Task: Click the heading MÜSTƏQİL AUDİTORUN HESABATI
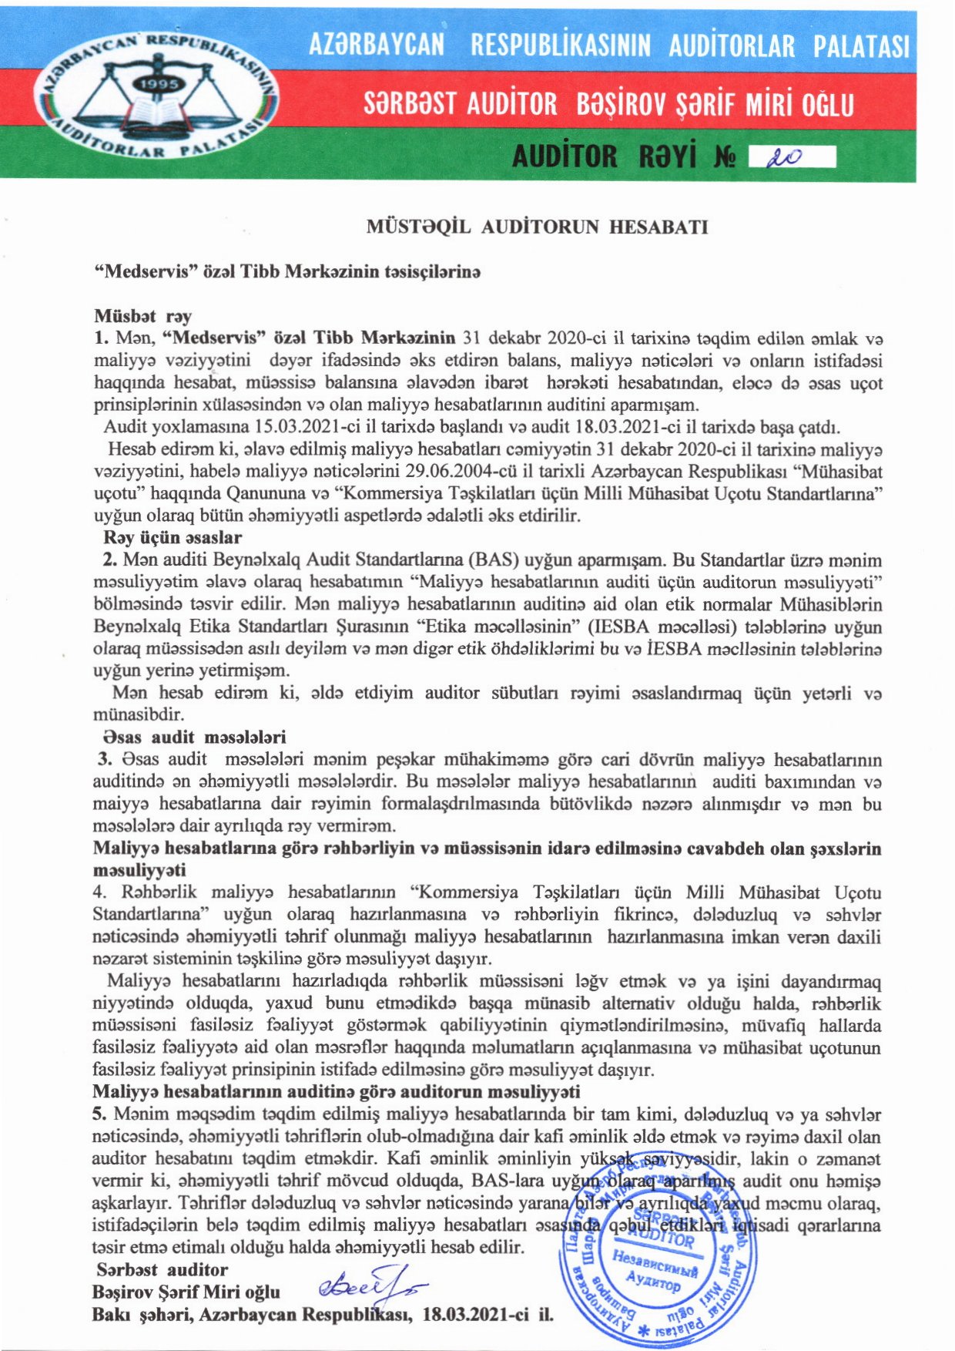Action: pos(537,227)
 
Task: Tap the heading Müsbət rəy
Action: pos(142,316)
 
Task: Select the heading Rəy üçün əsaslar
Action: pos(173,537)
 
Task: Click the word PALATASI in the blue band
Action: pos(862,46)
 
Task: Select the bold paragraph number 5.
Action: pos(99,1114)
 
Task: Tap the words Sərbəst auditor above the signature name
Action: pos(163,1270)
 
